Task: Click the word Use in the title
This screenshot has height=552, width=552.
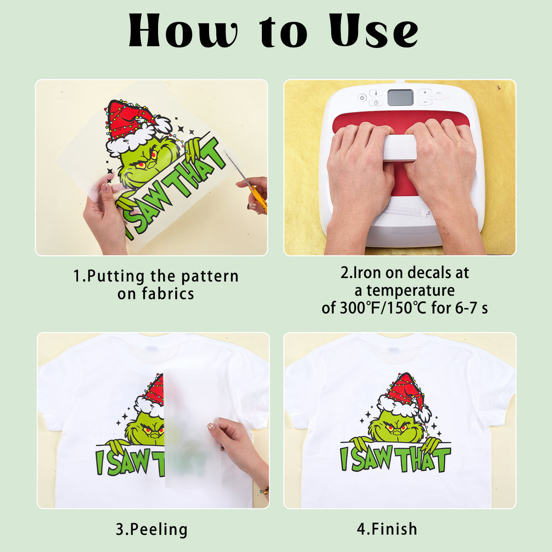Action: [374, 30]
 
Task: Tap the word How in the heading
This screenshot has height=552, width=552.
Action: [182, 30]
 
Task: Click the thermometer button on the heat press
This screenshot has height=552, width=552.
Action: [376, 93]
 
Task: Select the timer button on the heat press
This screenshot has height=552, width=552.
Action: [376, 102]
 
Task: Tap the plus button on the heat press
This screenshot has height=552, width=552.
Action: [425, 93]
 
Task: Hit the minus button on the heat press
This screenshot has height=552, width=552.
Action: [425, 102]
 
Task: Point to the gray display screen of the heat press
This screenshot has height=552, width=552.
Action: [401, 98]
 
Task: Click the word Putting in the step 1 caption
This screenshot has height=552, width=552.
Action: [116, 277]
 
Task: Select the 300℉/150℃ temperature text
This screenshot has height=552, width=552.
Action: [383, 308]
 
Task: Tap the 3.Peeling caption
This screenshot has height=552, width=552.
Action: [152, 530]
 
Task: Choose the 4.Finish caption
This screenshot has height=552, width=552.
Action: [387, 529]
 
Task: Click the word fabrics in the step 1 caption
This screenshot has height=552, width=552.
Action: [168, 294]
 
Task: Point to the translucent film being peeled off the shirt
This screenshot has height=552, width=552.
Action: [192, 428]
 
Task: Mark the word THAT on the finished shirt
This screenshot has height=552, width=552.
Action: [423, 459]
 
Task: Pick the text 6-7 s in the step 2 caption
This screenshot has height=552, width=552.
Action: [471, 308]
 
